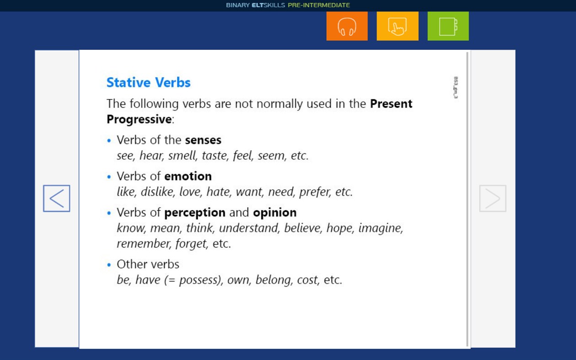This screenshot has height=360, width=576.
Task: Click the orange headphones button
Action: point(347,26)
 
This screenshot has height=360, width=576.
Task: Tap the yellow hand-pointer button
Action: point(397,26)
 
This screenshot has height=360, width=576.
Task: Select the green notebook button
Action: point(448,26)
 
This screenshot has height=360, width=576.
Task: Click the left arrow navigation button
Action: point(57,199)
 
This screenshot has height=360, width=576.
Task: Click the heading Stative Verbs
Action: point(148,83)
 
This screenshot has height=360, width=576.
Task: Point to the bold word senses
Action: point(203,140)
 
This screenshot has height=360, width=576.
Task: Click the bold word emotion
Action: point(188,176)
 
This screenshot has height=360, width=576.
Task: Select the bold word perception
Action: point(195,212)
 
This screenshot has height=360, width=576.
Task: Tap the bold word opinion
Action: point(275,212)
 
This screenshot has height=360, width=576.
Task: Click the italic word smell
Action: point(182,156)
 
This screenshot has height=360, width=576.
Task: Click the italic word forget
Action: point(190,244)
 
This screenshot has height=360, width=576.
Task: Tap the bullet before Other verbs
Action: point(109,264)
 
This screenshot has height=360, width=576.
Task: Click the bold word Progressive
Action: point(139,119)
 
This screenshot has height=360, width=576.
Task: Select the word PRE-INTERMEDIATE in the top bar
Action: point(318,5)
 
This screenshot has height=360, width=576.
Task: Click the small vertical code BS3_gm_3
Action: point(456,87)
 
